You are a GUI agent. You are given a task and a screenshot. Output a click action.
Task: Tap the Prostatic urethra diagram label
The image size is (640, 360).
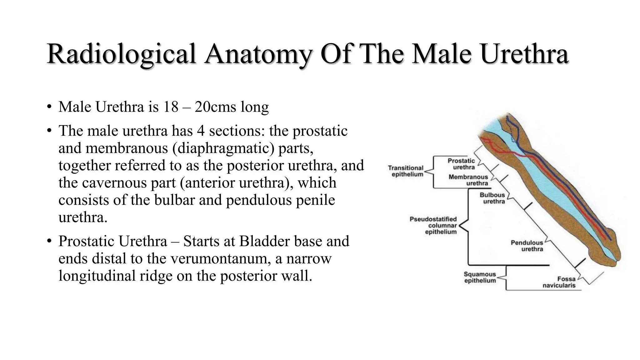461,164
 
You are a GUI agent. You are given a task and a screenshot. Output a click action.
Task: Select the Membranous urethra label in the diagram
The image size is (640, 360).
468,180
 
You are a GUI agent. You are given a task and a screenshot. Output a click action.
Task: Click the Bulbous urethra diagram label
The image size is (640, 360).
492,198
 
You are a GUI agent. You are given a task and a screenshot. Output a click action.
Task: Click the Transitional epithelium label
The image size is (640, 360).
406,171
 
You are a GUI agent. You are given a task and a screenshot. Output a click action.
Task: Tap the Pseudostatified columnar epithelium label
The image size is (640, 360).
433,225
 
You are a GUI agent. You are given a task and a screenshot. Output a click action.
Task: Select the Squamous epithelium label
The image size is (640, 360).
480,277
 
